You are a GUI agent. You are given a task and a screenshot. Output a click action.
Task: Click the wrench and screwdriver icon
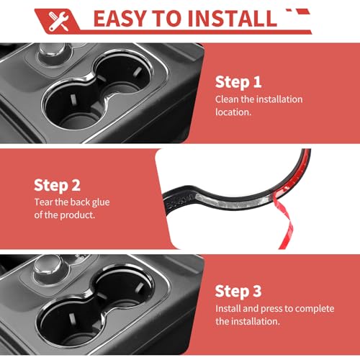(59, 22)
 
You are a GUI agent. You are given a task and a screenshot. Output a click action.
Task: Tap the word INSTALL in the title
(233, 19)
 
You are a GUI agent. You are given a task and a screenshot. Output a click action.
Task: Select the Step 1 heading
(238, 82)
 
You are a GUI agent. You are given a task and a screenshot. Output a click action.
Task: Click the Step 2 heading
(57, 186)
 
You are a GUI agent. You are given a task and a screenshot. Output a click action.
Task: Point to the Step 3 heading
(238, 292)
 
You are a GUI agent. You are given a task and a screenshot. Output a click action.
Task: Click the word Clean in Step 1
(227, 99)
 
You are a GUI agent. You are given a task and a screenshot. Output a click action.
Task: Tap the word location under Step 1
(233, 112)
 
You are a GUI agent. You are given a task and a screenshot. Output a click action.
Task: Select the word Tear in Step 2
(43, 202)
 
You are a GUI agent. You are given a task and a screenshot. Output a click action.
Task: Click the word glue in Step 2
(101, 203)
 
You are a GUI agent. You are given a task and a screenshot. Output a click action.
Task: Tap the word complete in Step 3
(315, 309)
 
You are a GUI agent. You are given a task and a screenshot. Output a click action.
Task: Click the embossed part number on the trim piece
(181, 201)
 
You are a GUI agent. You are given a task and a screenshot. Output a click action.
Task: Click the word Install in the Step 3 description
(228, 309)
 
